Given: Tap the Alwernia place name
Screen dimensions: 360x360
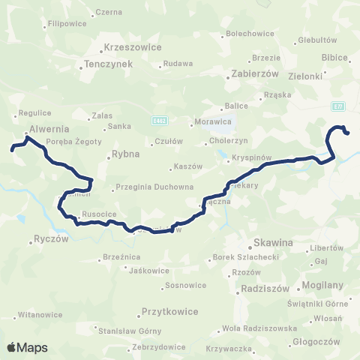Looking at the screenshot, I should (x=49, y=128).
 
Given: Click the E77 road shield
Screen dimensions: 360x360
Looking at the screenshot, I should (x=338, y=106).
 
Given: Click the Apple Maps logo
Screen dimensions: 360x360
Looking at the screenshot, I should (x=27, y=347).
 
